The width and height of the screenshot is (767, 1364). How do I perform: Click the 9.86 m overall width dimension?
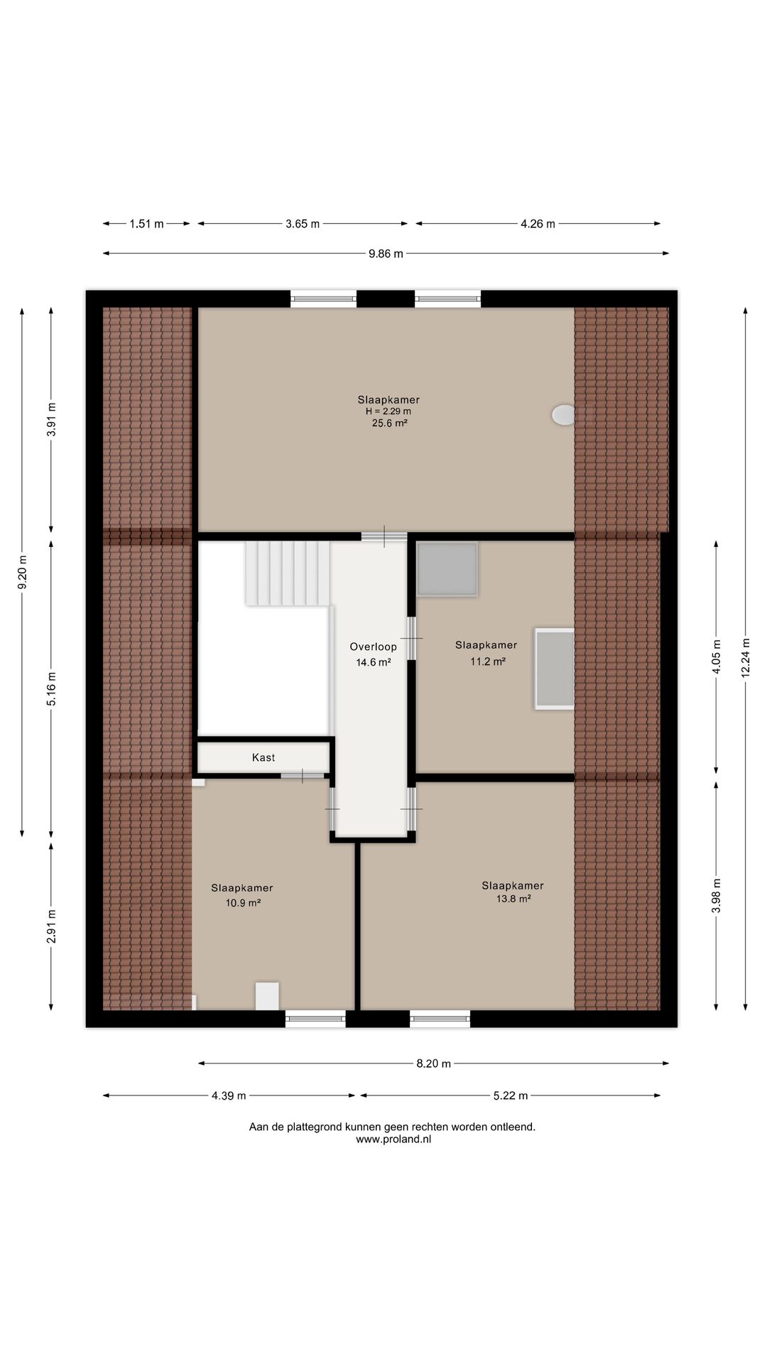click(x=386, y=254)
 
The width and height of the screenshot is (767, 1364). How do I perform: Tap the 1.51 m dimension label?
click(x=146, y=224)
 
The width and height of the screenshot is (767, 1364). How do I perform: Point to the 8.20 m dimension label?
click(x=433, y=1063)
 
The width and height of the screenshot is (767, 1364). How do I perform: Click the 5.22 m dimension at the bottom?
click(x=511, y=1095)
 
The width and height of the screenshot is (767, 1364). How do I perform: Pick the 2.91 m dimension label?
click(x=51, y=926)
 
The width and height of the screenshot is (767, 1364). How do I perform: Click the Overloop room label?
click(x=373, y=646)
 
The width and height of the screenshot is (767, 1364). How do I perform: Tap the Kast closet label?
click(x=263, y=757)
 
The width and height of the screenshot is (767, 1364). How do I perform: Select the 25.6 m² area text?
click(x=389, y=423)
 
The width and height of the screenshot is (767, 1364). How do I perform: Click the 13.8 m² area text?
click(x=513, y=899)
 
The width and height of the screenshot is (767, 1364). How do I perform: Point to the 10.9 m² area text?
click(x=243, y=903)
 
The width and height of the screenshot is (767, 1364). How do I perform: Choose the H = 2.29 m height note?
click(x=388, y=411)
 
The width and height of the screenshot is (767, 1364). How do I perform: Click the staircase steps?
click(x=288, y=573)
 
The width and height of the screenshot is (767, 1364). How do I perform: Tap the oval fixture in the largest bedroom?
click(x=564, y=415)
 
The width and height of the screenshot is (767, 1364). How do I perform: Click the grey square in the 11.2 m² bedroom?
click(x=447, y=569)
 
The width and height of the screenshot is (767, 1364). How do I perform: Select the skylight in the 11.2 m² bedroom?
click(x=555, y=669)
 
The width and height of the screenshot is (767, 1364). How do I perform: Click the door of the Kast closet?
click(x=302, y=775)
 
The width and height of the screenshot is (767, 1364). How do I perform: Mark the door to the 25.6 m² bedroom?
click(x=384, y=536)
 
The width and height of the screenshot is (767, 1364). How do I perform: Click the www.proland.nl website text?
click(x=393, y=1140)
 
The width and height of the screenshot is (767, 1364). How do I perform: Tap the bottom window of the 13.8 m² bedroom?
click(x=440, y=1019)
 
